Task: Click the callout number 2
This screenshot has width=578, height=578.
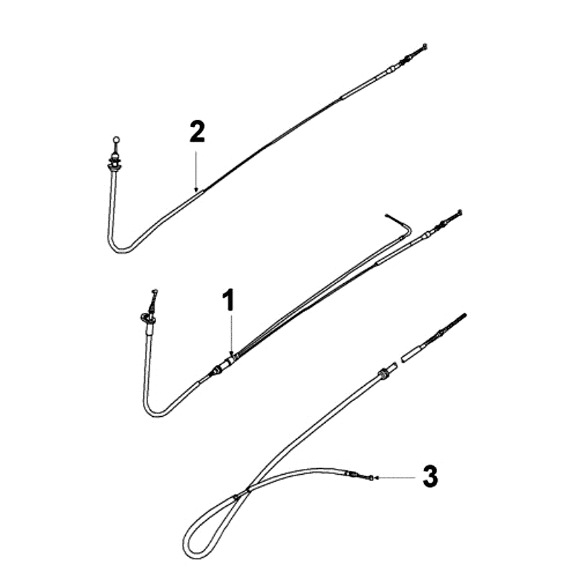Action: (197, 132)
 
